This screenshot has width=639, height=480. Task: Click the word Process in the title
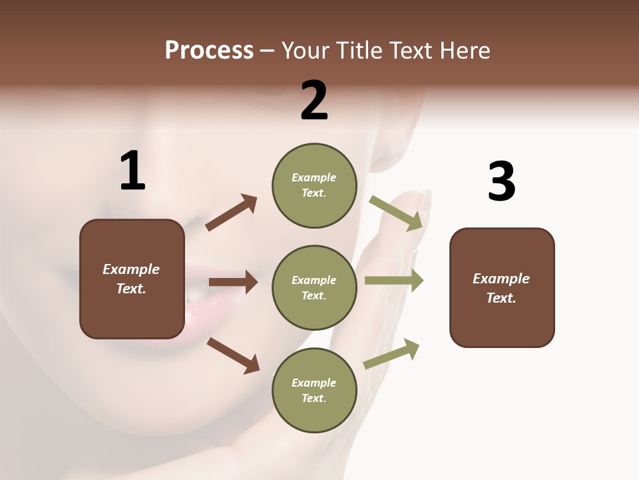(209, 51)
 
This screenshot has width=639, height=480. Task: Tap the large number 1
(132, 171)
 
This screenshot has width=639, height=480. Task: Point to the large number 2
(314, 101)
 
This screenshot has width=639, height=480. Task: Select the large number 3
(501, 181)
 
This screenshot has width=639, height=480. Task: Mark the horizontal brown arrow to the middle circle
(233, 283)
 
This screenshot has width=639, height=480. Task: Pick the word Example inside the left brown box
(131, 269)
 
